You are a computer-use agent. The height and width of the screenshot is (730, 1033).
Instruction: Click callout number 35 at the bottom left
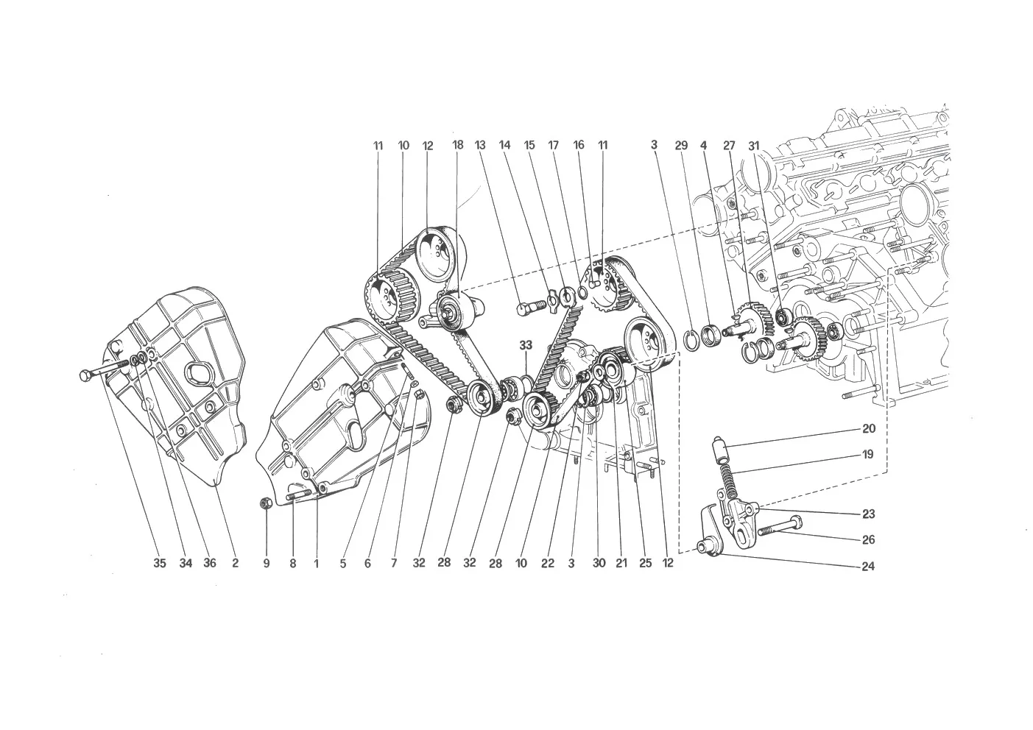click(x=160, y=563)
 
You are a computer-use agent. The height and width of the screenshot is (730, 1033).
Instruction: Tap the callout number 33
click(x=526, y=344)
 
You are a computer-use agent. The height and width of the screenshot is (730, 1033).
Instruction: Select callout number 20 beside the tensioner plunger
click(x=869, y=428)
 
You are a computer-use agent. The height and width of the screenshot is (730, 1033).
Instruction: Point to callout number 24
click(x=868, y=566)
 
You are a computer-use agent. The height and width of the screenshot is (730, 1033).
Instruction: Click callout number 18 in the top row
click(x=457, y=145)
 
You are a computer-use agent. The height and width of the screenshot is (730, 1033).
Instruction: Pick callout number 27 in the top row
click(x=729, y=146)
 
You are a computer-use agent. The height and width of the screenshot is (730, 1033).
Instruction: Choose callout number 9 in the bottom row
click(x=267, y=563)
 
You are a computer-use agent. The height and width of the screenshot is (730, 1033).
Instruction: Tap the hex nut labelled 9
click(x=266, y=503)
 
